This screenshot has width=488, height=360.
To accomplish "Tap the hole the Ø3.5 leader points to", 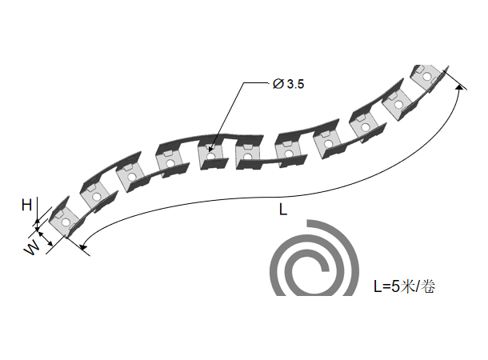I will (x=211, y=155).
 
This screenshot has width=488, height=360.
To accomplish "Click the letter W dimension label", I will (x=31, y=249).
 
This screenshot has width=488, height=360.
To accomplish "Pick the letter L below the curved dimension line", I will (x=282, y=210).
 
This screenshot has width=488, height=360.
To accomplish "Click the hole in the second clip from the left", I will (x=96, y=195).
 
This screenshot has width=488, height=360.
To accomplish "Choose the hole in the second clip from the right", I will (x=394, y=105).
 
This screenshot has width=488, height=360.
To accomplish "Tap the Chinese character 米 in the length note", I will (x=409, y=286).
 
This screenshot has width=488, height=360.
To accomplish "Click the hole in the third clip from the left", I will (x=130, y=175).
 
